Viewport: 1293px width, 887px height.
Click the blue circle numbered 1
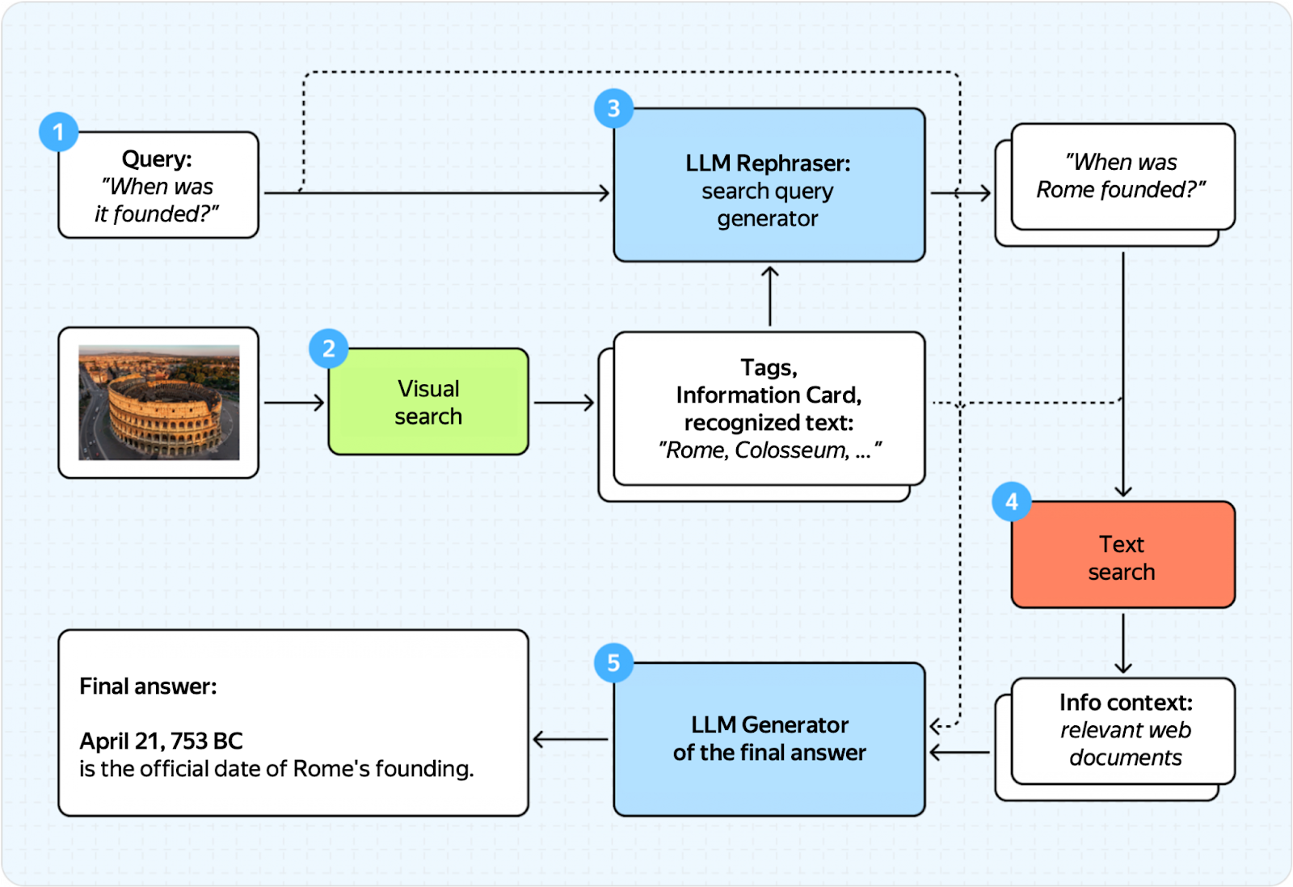point(58,132)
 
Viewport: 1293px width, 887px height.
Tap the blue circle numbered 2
point(328,348)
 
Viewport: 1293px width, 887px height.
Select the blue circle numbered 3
point(613,108)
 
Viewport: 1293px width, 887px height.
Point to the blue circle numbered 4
point(1011,502)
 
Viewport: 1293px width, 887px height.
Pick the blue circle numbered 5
point(613,663)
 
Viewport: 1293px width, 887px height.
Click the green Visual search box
point(428,402)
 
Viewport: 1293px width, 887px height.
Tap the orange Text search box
point(1122,555)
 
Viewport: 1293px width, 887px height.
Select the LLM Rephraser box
point(769,186)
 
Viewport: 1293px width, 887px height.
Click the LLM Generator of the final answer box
point(769,739)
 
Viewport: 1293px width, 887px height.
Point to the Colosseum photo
point(158,402)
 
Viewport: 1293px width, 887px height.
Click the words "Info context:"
point(1126,702)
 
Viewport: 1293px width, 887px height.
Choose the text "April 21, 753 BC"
point(161,741)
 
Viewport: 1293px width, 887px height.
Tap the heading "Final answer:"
point(148,686)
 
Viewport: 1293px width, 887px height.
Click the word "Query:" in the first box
point(157,158)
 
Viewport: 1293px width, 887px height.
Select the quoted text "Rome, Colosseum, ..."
point(769,450)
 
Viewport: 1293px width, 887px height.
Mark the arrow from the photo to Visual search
point(294,402)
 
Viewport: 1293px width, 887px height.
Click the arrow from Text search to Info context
point(1123,643)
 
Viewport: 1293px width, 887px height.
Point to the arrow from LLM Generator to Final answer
point(571,739)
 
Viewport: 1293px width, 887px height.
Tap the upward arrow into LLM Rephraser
point(770,296)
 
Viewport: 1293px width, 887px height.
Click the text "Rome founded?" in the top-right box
point(1120,190)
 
